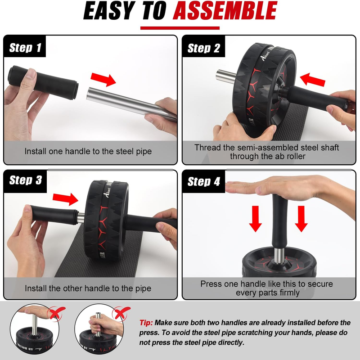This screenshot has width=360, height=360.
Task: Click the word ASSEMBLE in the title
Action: (x=225, y=12)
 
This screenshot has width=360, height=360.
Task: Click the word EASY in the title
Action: (x=110, y=12)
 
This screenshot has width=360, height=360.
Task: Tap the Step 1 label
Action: (x=25, y=48)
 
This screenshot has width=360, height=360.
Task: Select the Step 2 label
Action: (x=203, y=48)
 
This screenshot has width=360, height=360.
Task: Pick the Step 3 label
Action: (x=25, y=180)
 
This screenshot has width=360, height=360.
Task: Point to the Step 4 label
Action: (x=203, y=182)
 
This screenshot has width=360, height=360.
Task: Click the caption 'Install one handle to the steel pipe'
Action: (x=88, y=152)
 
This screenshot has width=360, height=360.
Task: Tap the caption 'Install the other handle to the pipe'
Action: (x=88, y=288)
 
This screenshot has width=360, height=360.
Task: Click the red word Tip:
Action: (x=146, y=323)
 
